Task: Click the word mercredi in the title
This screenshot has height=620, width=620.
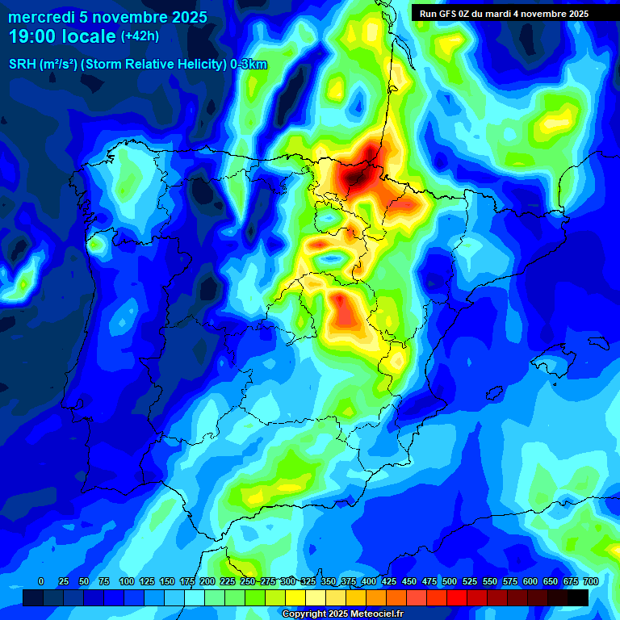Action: [x=41, y=17]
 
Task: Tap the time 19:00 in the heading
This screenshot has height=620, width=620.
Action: [x=33, y=36]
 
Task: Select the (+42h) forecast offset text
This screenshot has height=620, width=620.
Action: [x=140, y=36]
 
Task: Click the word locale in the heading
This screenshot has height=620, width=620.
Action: [x=89, y=36]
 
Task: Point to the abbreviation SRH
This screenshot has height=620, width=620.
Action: [x=23, y=65]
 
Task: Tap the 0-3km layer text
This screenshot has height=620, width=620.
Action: [x=248, y=65]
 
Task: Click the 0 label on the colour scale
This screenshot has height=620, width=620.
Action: [x=41, y=581]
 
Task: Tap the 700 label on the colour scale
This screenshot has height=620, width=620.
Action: [x=590, y=581]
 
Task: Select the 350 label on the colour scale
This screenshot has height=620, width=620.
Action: [x=329, y=581]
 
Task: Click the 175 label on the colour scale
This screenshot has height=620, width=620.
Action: [x=187, y=581]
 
